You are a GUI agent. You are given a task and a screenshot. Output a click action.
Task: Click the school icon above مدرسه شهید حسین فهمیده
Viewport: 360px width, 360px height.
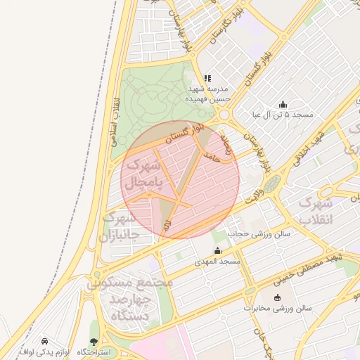[207, 79]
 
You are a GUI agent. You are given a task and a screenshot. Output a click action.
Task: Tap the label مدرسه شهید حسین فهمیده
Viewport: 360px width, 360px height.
[208, 94]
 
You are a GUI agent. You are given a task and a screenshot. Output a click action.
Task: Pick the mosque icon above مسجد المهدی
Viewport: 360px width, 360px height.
[217, 251]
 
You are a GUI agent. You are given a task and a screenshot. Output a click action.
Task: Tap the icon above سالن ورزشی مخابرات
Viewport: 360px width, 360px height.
[277, 297]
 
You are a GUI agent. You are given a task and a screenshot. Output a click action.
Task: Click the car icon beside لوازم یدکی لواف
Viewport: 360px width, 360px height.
[45, 340]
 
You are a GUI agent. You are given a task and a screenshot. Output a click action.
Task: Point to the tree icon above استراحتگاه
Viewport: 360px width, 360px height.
[94, 342]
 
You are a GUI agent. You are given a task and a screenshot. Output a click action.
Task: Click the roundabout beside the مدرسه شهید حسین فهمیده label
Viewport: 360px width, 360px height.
[224, 115]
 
